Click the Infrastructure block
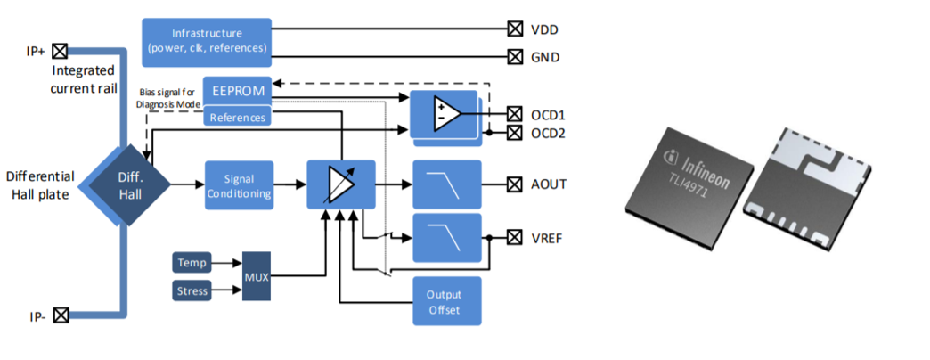[x=207, y=41]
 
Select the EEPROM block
[x=237, y=91]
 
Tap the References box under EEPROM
[x=237, y=116]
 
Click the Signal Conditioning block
[x=238, y=184]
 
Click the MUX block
[x=256, y=276]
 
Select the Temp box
[x=191, y=263]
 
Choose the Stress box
[x=191, y=290]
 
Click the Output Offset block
[x=446, y=301]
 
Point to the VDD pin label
[x=543, y=29]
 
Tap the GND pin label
[x=543, y=57]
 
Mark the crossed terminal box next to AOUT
[x=513, y=184]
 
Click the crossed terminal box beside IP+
[x=60, y=51]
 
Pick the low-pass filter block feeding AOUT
[x=446, y=184]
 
